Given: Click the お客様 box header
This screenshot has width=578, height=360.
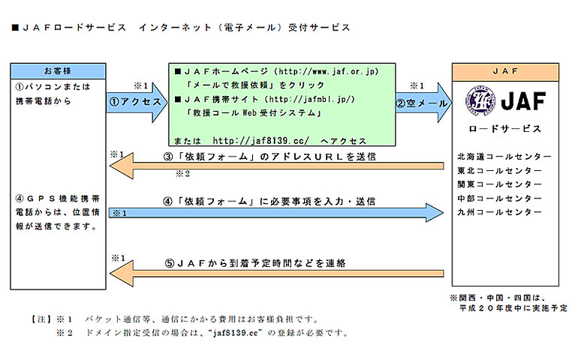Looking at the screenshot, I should click(x=59, y=70).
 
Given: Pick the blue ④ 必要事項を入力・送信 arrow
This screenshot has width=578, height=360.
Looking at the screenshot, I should click(x=278, y=212).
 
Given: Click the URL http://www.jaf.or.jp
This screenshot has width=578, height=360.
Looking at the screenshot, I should click(x=327, y=71).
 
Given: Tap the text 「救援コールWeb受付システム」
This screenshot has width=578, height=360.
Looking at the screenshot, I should click(x=254, y=112).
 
